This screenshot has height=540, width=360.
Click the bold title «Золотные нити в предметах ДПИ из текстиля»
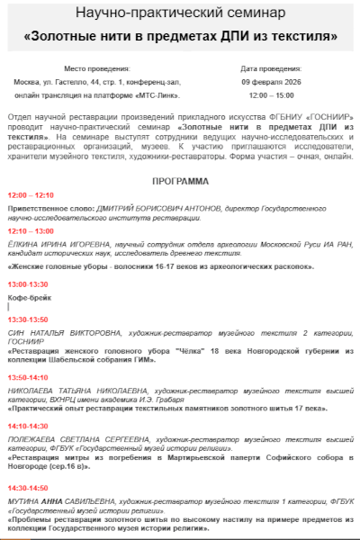[180, 38]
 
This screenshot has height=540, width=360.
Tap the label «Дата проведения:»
[271, 68]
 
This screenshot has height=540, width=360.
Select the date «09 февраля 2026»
[271, 81]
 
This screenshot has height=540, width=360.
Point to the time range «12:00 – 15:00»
[271, 94]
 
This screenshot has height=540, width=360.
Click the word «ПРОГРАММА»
[180, 181]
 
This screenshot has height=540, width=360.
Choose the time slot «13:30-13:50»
[28, 319]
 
